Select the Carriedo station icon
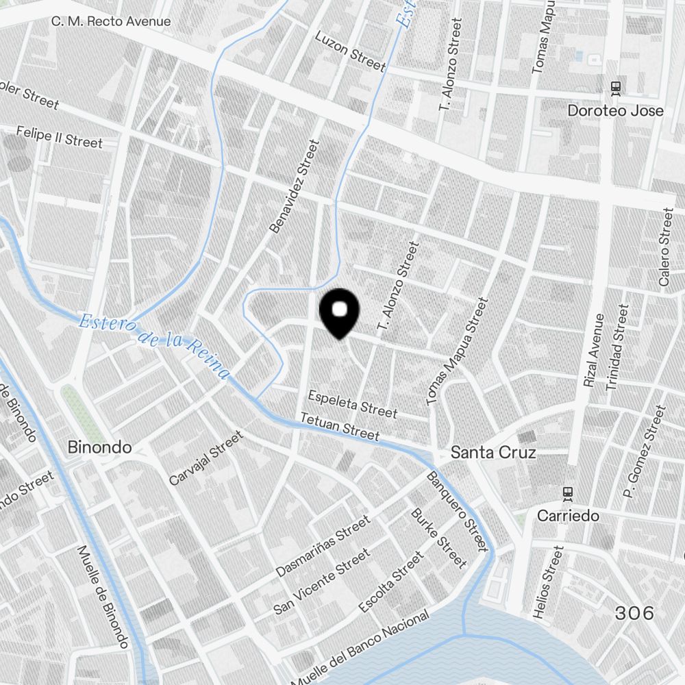pos(567,493)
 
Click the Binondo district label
pos(99,447)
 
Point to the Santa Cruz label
pos(493,453)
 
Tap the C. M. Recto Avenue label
pos(111,21)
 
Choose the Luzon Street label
pos(350,50)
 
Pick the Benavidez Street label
pos(295,186)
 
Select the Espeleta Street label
pos(352,404)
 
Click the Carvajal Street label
pos(206,458)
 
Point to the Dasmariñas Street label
pos(323,546)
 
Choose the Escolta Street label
pos(391,583)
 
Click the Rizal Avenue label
pos(594,350)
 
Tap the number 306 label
pos(634,613)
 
